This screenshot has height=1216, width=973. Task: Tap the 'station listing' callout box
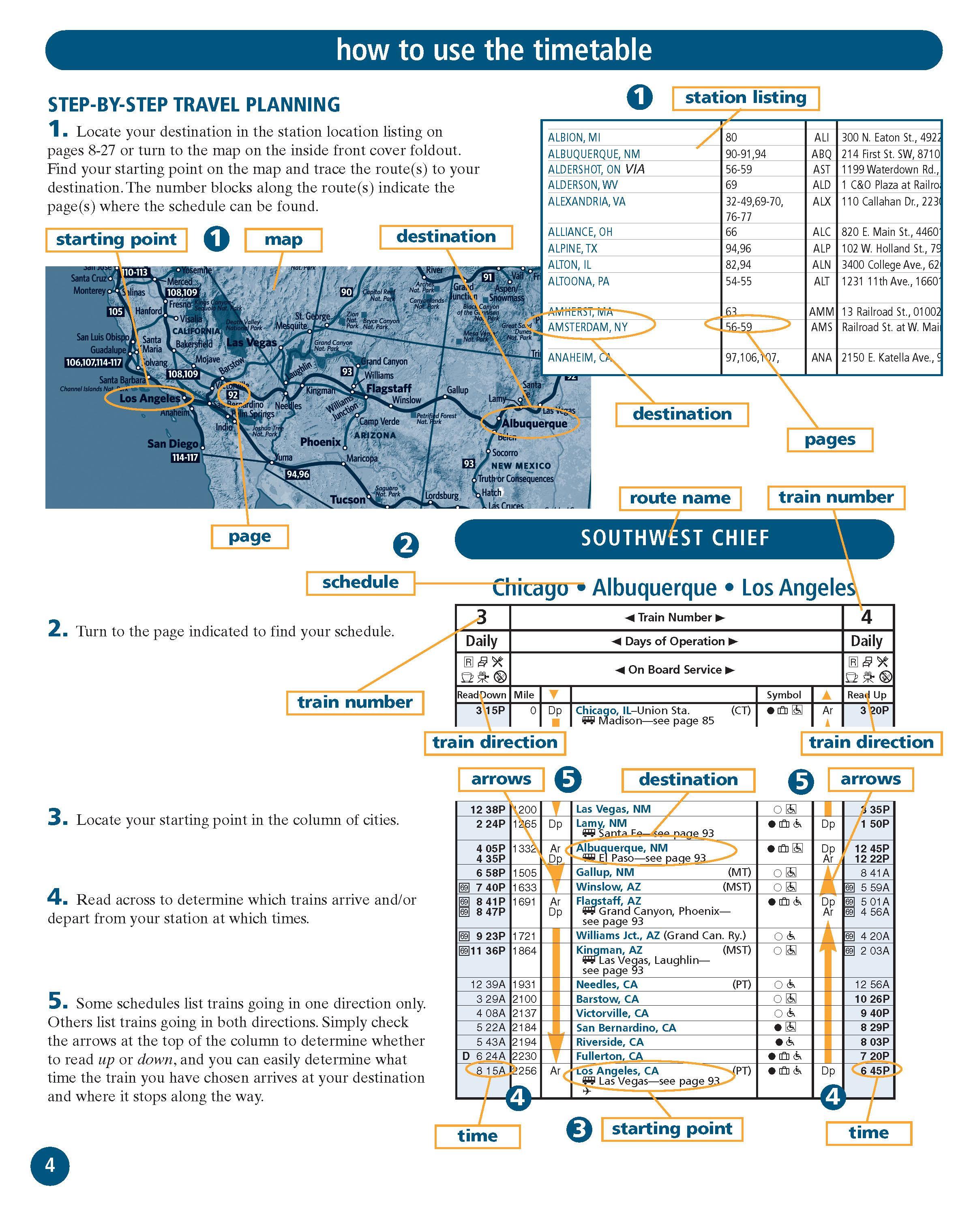745,98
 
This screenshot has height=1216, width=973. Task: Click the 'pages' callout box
829,440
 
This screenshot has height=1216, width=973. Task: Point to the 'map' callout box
283,240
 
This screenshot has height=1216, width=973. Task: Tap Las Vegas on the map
252,343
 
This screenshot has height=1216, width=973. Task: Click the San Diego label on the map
173,444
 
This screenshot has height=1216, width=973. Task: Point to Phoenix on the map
320,442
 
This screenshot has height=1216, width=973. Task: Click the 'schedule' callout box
360,582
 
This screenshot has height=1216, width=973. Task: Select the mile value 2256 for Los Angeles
525,1070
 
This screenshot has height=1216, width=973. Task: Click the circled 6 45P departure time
875,1070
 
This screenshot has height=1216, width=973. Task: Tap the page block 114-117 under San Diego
185,457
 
